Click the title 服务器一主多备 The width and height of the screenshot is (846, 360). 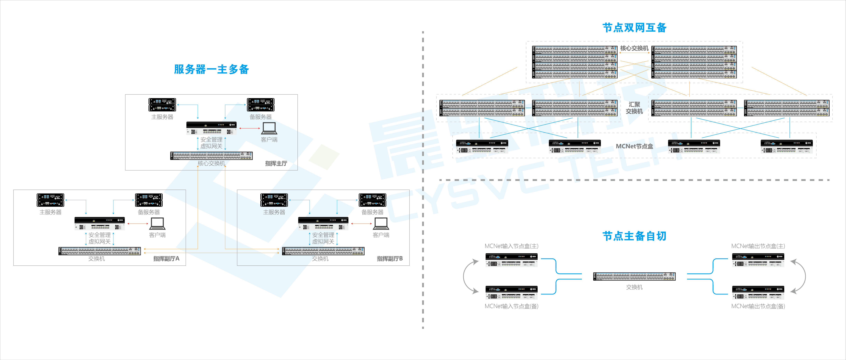point(211,69)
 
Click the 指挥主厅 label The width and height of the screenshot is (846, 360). point(276,163)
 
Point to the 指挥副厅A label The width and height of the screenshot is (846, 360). point(166,259)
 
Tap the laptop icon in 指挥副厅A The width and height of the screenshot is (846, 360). point(157,223)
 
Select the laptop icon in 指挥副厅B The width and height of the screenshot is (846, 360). point(381,223)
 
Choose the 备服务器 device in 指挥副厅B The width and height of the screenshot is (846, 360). point(372,200)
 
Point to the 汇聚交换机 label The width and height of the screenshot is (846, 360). point(634,108)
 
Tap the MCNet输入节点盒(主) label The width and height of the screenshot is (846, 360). point(511,246)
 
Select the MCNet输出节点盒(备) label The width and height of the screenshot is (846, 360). point(758,306)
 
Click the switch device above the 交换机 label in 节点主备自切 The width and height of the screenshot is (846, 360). point(634,276)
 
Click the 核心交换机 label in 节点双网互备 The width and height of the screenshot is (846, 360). point(634,48)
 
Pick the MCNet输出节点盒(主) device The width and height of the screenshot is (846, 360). point(758,260)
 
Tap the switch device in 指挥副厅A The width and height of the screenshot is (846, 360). point(100,251)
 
